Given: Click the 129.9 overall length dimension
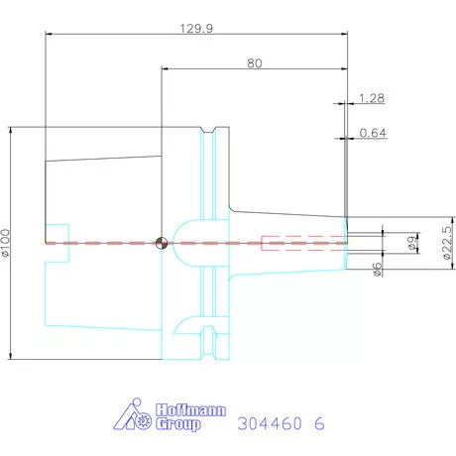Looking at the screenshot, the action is [196, 29].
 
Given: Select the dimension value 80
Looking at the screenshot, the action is [255, 63].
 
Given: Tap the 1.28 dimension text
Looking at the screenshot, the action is [372, 98].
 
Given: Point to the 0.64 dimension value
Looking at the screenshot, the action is [373, 133].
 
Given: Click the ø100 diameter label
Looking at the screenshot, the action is [6, 243].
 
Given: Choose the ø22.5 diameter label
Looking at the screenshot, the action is [447, 243].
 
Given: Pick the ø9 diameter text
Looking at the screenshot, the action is [412, 243].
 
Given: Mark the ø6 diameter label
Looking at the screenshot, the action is [377, 269].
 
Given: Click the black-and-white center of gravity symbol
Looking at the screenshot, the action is [162, 243].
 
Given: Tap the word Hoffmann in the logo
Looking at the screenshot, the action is [190, 410].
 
